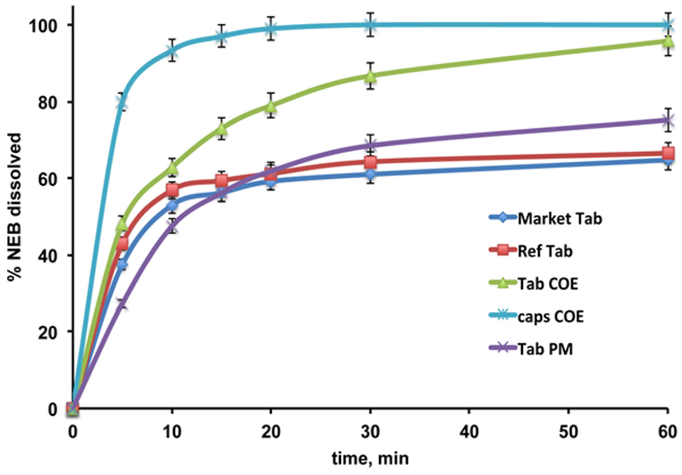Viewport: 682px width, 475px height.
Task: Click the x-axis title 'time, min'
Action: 370,458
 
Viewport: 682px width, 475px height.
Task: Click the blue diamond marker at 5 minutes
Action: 122,264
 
